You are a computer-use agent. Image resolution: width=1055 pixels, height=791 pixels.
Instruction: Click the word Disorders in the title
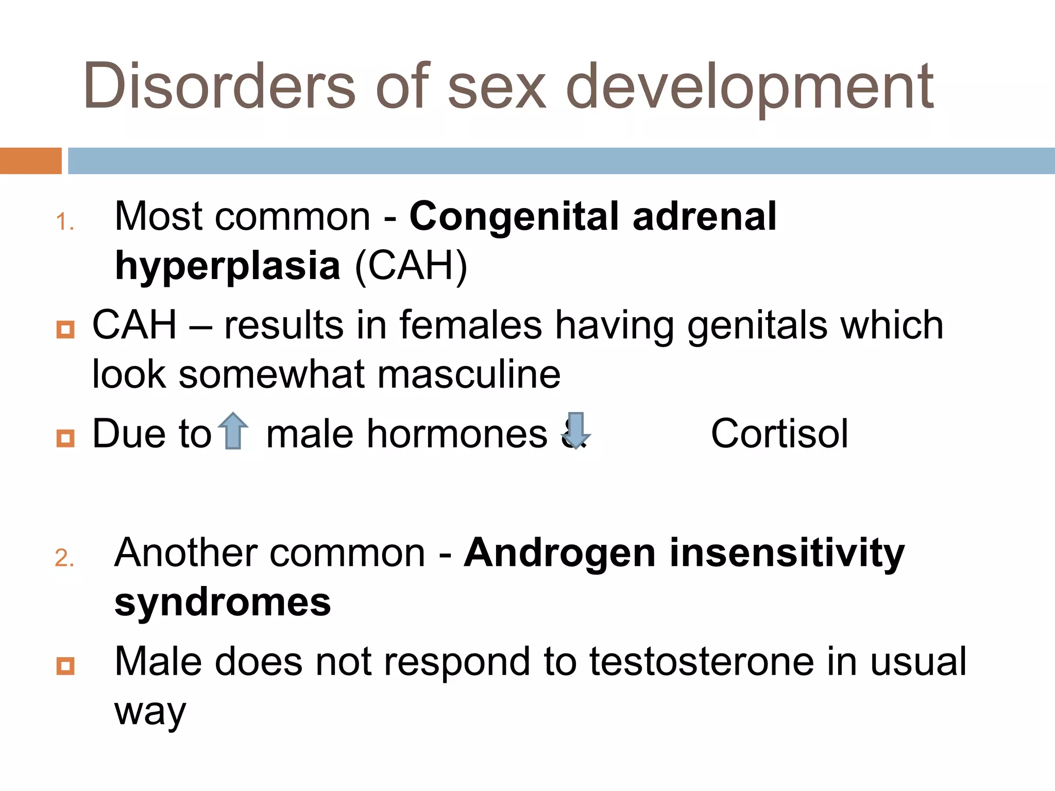click(x=219, y=87)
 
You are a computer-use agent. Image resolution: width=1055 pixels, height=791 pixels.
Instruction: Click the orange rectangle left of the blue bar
click(x=30, y=161)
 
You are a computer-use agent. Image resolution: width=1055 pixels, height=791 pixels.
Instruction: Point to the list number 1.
click(x=65, y=222)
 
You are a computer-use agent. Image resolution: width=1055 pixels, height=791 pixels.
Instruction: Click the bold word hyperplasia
click(x=227, y=266)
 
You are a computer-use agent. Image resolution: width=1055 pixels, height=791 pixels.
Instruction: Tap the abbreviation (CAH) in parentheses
click(x=411, y=266)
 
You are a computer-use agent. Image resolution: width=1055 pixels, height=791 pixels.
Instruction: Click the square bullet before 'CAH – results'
click(x=65, y=329)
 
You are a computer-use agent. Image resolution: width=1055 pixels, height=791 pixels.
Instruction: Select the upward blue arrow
click(x=233, y=431)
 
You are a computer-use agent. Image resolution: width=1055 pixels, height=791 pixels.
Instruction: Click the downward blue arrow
click(x=575, y=431)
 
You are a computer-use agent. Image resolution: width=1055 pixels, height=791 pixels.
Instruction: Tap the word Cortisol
click(x=779, y=434)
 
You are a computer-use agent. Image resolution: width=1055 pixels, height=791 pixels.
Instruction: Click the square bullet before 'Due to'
click(x=65, y=438)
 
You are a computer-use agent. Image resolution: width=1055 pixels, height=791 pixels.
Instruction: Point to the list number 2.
click(x=65, y=558)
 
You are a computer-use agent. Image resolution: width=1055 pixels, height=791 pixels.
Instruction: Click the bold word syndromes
click(x=223, y=602)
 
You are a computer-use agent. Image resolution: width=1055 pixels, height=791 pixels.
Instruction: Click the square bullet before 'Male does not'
click(x=65, y=666)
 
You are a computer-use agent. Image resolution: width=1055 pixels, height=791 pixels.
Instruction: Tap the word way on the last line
click(x=150, y=713)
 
